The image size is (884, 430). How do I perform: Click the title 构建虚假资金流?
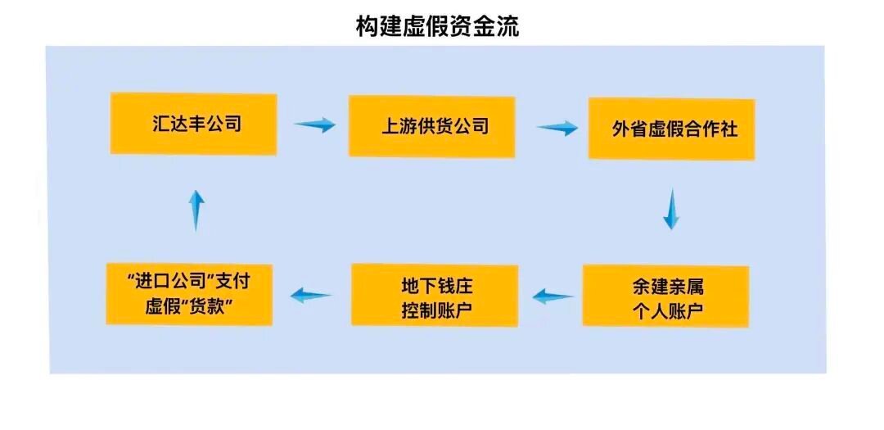click(437, 26)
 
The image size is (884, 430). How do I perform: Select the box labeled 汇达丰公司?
click(193, 124)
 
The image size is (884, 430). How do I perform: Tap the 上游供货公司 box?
click(432, 126)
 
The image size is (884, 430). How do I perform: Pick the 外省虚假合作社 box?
click(671, 129)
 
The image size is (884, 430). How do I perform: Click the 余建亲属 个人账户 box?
click(665, 296)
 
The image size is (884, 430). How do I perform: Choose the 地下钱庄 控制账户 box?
click(435, 295)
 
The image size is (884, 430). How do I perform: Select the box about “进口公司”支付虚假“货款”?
click(189, 295)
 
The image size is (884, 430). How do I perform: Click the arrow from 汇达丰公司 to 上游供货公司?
click(314, 124)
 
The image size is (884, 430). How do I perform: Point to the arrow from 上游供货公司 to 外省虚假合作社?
click(557, 128)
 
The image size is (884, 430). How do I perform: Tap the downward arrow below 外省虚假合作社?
click(671, 210)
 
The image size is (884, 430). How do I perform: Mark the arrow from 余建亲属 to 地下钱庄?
click(553, 296)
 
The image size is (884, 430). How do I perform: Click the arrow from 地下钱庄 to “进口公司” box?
click(311, 295)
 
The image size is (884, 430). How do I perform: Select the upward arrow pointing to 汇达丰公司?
click(196, 210)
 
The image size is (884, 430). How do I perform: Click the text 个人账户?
click(665, 310)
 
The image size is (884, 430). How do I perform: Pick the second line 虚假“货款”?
click(189, 307)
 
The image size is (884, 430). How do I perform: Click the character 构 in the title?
click(367, 26)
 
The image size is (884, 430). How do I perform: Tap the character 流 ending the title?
click(508, 26)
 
